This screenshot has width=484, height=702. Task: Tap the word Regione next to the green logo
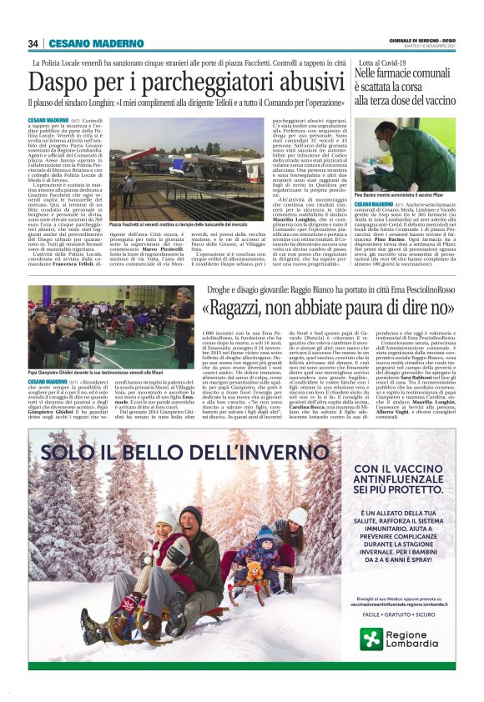pyautogui.click(x=412, y=634)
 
